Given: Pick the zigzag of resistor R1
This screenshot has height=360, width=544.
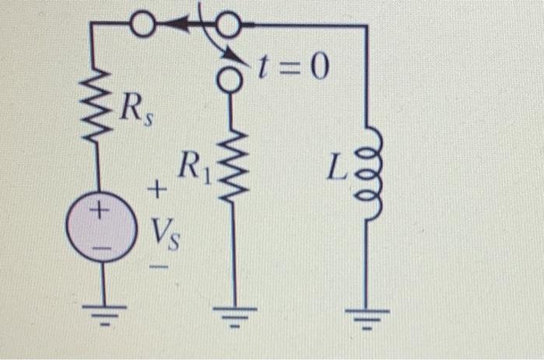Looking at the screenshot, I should [x=231, y=167].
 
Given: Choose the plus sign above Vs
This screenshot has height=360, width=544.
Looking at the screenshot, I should [x=159, y=189].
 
